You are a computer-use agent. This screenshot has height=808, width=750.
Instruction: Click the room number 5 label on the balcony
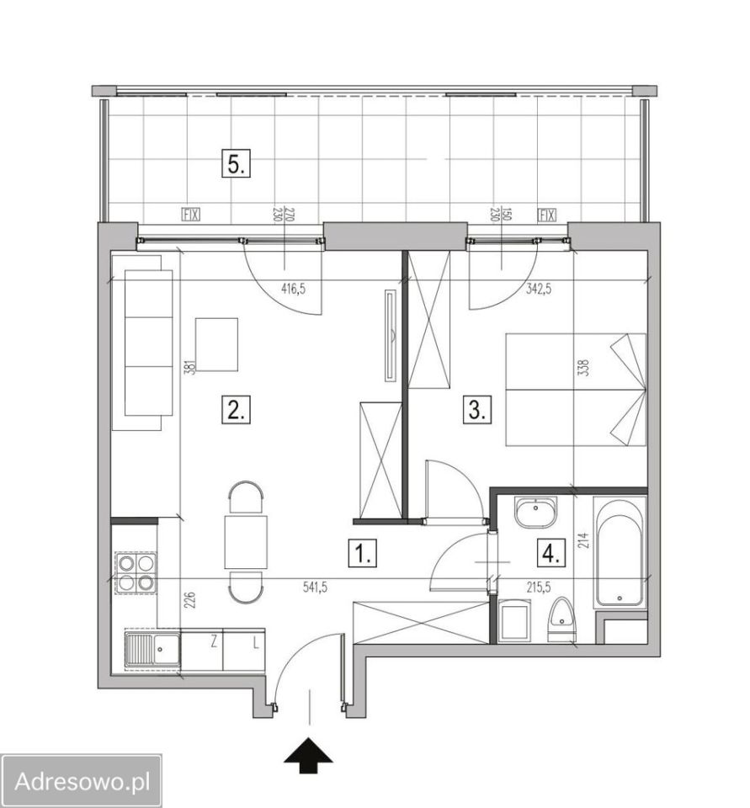pos(236,163)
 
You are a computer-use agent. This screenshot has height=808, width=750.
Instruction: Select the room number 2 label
pos(236,410)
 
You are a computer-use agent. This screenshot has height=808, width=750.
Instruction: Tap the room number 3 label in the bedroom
pos(477,410)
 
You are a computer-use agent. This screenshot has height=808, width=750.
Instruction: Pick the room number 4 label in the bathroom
pos(551,554)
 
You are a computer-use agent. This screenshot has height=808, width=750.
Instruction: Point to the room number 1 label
pos(363,554)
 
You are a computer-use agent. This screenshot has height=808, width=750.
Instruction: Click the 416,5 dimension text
pos(293,289)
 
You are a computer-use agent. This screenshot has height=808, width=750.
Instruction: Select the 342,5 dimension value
pos(539,289)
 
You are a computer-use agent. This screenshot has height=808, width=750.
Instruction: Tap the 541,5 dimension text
pos(316,587)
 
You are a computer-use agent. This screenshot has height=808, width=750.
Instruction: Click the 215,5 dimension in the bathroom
pos(539,587)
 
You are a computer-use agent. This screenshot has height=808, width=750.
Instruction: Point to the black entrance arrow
pos(308,755)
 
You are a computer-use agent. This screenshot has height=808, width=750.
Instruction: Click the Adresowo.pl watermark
pos(82,781)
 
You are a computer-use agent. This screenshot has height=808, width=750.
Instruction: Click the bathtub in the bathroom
pos(620,550)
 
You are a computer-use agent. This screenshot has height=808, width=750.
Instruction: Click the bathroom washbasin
pos(536,512)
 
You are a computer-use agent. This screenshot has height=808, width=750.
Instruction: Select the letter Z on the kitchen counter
pos(214,642)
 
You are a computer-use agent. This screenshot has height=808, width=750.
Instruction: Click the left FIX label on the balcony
pos(191,215)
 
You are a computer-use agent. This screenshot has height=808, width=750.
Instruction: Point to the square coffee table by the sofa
pos(216,345)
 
